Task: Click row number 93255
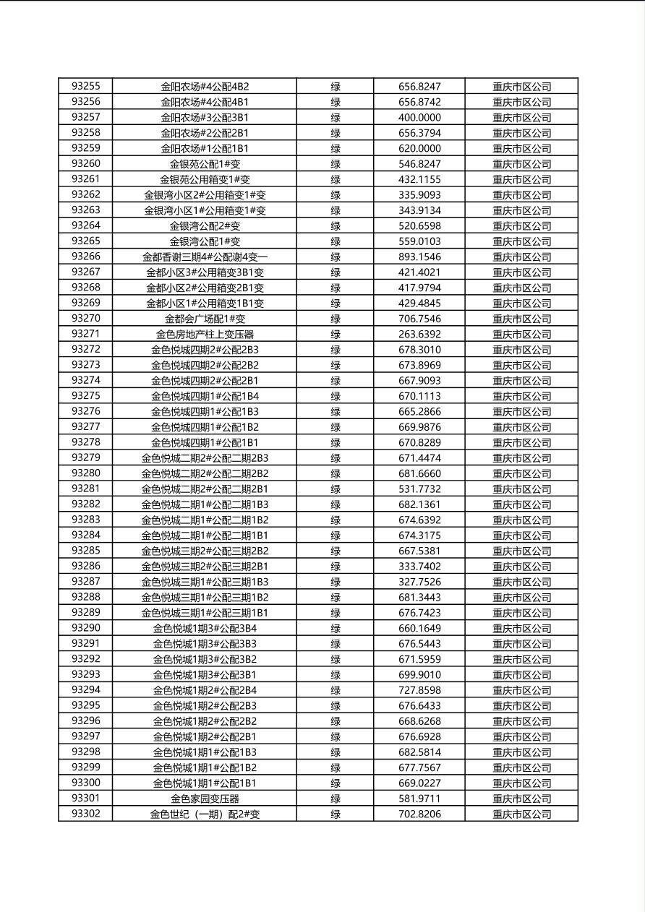click(x=86, y=86)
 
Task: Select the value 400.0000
click(x=419, y=117)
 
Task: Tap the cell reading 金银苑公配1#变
click(x=205, y=164)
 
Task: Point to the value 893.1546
click(x=419, y=257)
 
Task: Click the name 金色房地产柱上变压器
click(x=205, y=334)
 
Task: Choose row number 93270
click(x=86, y=319)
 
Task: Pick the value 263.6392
click(x=419, y=334)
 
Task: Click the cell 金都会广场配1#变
click(x=205, y=319)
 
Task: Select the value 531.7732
click(x=419, y=489)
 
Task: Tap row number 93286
click(x=86, y=566)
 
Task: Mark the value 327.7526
click(x=419, y=582)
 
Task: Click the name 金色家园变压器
click(x=205, y=799)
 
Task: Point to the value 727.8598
click(x=419, y=690)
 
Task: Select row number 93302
click(x=86, y=814)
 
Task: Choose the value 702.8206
click(x=419, y=814)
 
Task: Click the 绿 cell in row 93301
click(x=336, y=799)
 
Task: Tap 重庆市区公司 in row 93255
click(x=521, y=87)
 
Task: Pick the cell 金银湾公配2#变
click(x=205, y=225)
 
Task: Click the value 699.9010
click(x=419, y=674)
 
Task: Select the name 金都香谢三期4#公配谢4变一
click(x=205, y=257)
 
